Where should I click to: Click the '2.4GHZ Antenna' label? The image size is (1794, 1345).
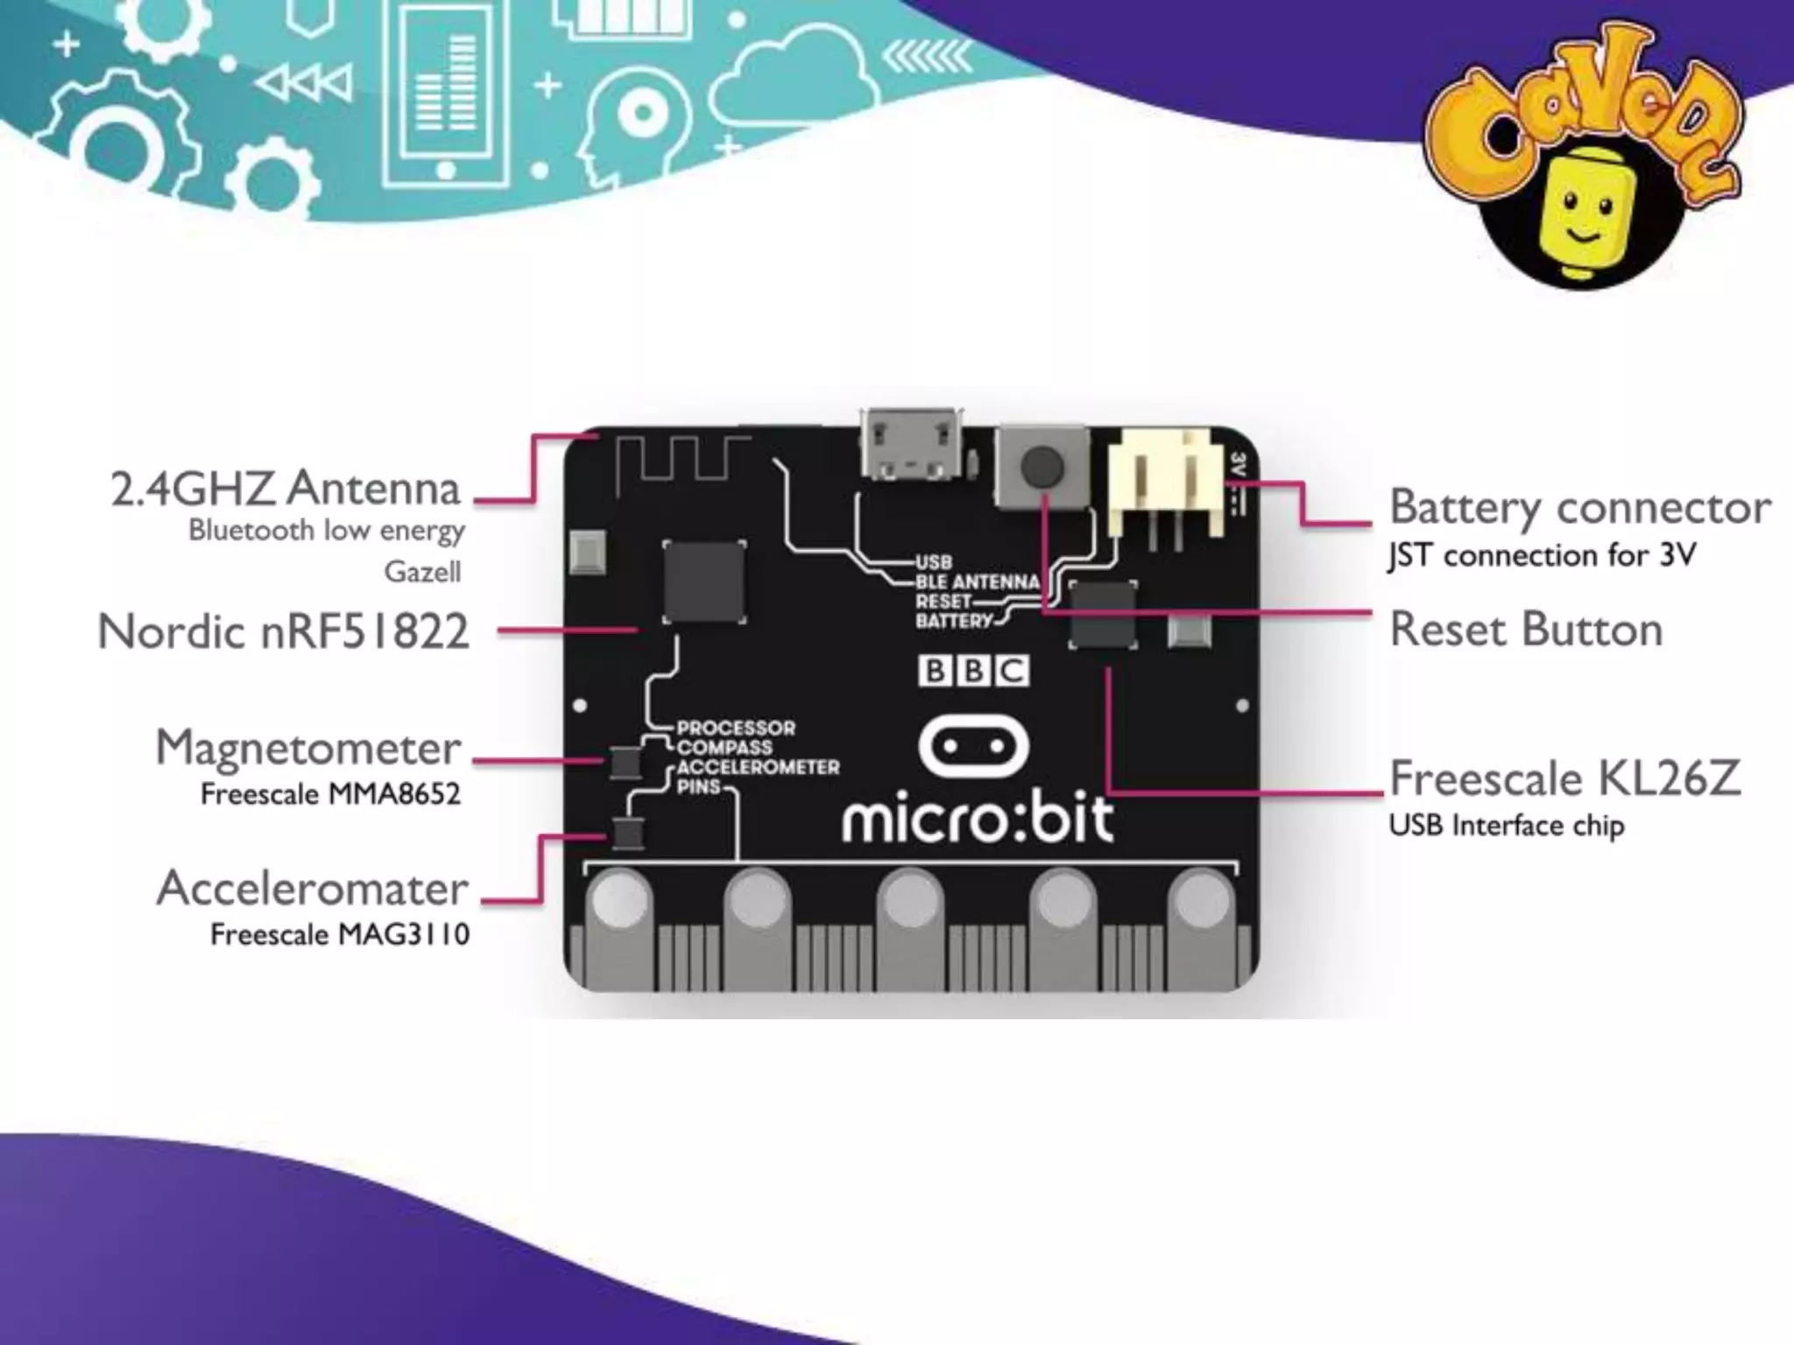tap(285, 489)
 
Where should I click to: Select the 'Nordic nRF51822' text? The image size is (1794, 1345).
tap(283, 631)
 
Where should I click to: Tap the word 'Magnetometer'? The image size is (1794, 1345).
tap(308, 748)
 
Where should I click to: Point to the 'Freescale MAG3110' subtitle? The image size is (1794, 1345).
tap(339, 934)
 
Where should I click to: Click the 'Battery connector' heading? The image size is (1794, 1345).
tap(1579, 507)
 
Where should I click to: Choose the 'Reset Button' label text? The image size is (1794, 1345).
tap(1526, 630)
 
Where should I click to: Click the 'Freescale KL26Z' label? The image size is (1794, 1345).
tap(1564, 778)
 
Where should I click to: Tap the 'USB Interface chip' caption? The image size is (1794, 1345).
tap(1506, 825)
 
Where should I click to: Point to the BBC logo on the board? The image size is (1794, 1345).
tap(973, 671)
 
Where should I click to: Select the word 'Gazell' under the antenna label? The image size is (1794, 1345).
tap(422, 572)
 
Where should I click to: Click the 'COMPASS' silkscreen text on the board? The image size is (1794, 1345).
tap(724, 747)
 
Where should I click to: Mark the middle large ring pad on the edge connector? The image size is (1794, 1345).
tap(910, 902)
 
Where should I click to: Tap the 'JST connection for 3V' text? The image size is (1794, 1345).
tap(1542, 555)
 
